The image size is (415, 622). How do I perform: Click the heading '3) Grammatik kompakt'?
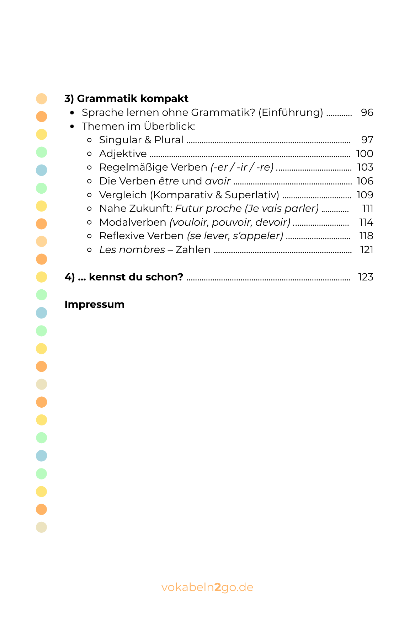126,98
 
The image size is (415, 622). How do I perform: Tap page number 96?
367,113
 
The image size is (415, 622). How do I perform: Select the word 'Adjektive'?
123,154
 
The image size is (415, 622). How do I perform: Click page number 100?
365,154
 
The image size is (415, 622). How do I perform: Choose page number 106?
365,181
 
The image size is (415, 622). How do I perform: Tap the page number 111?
367,209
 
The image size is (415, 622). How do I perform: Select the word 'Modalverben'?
133,222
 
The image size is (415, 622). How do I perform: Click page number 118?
366,236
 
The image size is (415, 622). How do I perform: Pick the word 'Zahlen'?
193,250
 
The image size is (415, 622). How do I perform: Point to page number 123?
366,277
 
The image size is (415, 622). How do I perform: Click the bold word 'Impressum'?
95,305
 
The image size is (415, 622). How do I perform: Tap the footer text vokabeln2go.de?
207,587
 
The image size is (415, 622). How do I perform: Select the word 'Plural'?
169,140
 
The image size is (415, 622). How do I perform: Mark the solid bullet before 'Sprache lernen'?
72,113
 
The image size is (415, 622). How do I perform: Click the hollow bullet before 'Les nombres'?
89,250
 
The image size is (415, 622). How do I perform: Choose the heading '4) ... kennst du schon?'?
124,277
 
